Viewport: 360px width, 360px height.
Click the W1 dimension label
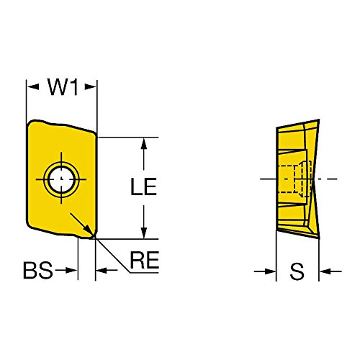coord(63,86)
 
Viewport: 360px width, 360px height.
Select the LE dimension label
coord(143,186)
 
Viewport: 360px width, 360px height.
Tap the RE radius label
coord(144,260)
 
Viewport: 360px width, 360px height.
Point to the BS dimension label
coord(38,270)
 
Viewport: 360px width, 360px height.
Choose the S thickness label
coord(297,271)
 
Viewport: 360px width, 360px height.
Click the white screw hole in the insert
coord(61,179)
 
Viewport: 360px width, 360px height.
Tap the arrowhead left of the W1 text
coord(33,86)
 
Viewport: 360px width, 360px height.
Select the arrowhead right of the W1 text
coord(91,86)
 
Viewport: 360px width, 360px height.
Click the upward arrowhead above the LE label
coord(143,144)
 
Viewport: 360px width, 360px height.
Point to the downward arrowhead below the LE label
coord(143,233)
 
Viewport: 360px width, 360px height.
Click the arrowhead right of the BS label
coord(71,271)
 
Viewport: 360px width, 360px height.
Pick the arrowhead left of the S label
coord(270,271)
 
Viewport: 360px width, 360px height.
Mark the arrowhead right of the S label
coord(325,271)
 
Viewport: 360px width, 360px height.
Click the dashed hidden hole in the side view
coord(295,179)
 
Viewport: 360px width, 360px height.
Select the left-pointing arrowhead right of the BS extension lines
coord(102,271)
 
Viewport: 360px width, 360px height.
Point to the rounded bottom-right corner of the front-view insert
coord(94,235)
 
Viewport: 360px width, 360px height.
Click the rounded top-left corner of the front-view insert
coord(30,123)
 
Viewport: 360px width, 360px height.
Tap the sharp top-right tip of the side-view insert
coord(319,120)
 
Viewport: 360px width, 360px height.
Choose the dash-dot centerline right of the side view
coord(325,179)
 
